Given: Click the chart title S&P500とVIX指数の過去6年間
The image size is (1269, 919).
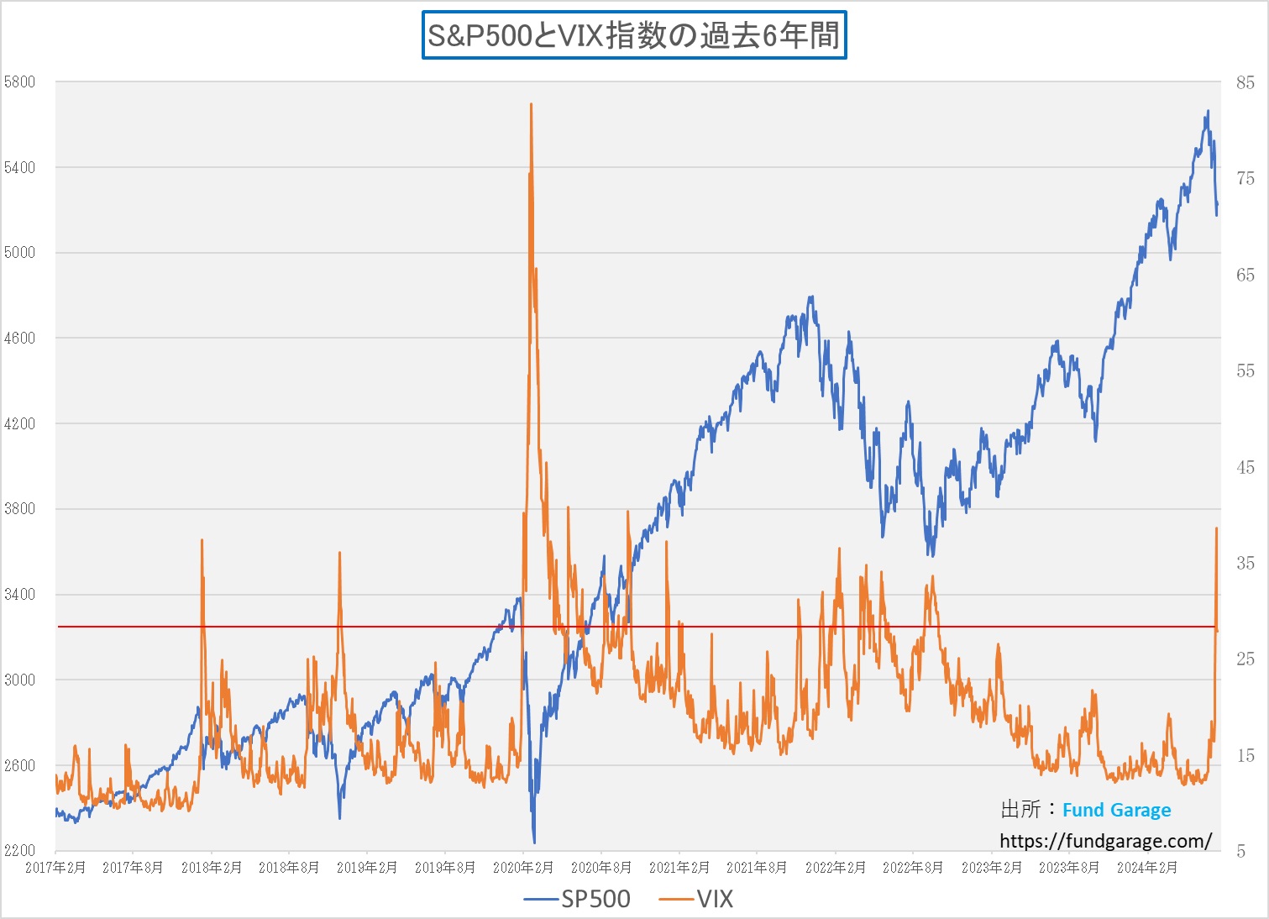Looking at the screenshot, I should click(634, 35).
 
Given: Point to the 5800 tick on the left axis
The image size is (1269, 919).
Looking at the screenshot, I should click(20, 82).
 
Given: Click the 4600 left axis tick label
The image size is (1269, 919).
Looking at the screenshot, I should click(20, 339).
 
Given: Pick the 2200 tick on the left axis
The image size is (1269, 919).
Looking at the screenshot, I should click(20, 850).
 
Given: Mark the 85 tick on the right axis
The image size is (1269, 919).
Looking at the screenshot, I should click(1245, 82).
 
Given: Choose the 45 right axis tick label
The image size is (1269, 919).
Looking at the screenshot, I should click(1245, 467).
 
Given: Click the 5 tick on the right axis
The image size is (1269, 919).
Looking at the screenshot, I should click(1241, 851).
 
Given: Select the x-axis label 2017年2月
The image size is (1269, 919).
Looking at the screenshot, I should click(55, 868).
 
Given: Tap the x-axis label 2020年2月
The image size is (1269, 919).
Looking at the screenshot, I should click(523, 868).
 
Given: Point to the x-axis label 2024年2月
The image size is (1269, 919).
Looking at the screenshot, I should click(1147, 868).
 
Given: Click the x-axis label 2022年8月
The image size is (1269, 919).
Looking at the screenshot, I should click(913, 868).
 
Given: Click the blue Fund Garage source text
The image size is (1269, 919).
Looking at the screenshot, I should click(1116, 810).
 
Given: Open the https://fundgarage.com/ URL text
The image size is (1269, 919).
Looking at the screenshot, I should click(1105, 841).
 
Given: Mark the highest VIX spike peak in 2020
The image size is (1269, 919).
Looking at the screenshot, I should click(532, 104).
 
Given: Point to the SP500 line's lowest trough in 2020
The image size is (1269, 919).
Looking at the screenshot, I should click(534, 842).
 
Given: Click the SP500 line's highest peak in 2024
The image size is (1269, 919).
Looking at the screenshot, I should click(1208, 111).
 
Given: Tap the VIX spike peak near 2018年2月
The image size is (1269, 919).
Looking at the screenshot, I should click(202, 540).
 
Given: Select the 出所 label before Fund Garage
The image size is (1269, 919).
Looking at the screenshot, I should click(1020, 810).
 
